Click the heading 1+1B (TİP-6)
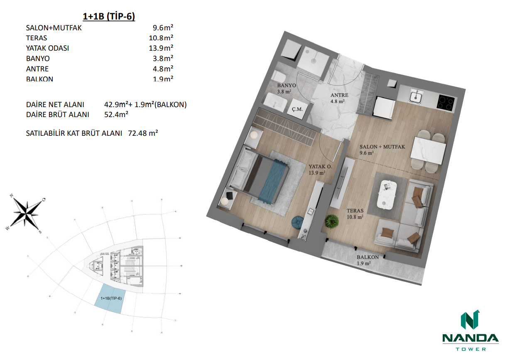pyautogui.click(x=109, y=17)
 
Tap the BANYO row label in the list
pyautogui.click(x=38, y=59)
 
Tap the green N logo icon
pyautogui.click(x=470, y=320)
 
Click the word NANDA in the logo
pyautogui.click(x=470, y=338)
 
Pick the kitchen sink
pyautogui.click(x=415, y=97)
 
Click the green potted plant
pyautogui.click(x=331, y=221)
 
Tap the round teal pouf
pyautogui.click(x=298, y=223)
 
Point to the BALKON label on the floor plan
pyautogui.click(x=368, y=257)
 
